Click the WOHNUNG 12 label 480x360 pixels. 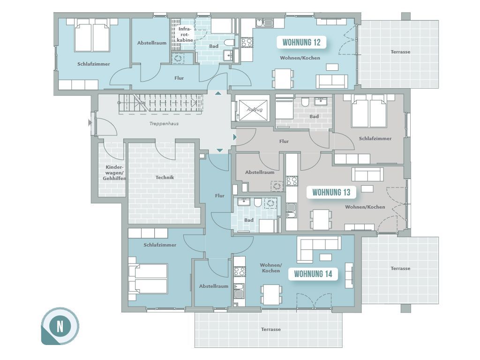click(301, 42)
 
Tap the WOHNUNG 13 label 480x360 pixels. click(331, 192)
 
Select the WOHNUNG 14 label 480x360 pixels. click(313, 274)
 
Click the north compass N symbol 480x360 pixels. click(60, 326)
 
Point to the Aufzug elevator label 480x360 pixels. click(255, 109)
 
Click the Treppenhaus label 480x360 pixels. click(164, 124)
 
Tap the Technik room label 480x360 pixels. click(165, 177)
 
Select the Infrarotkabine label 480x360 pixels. click(185, 34)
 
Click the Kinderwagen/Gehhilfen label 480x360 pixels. click(114, 172)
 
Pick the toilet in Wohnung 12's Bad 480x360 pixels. click(229, 42)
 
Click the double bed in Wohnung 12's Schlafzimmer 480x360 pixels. click(92, 35)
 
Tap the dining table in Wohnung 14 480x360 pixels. click(271, 294)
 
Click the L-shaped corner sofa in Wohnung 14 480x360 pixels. click(318, 249)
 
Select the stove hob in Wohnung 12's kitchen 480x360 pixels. click(247, 42)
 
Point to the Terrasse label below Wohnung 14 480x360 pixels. click(271, 330)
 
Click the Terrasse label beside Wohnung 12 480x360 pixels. click(400, 52)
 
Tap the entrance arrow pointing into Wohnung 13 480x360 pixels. click(235, 137)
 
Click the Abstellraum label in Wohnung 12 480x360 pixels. click(152, 43)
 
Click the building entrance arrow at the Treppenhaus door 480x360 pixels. click(90, 123)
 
